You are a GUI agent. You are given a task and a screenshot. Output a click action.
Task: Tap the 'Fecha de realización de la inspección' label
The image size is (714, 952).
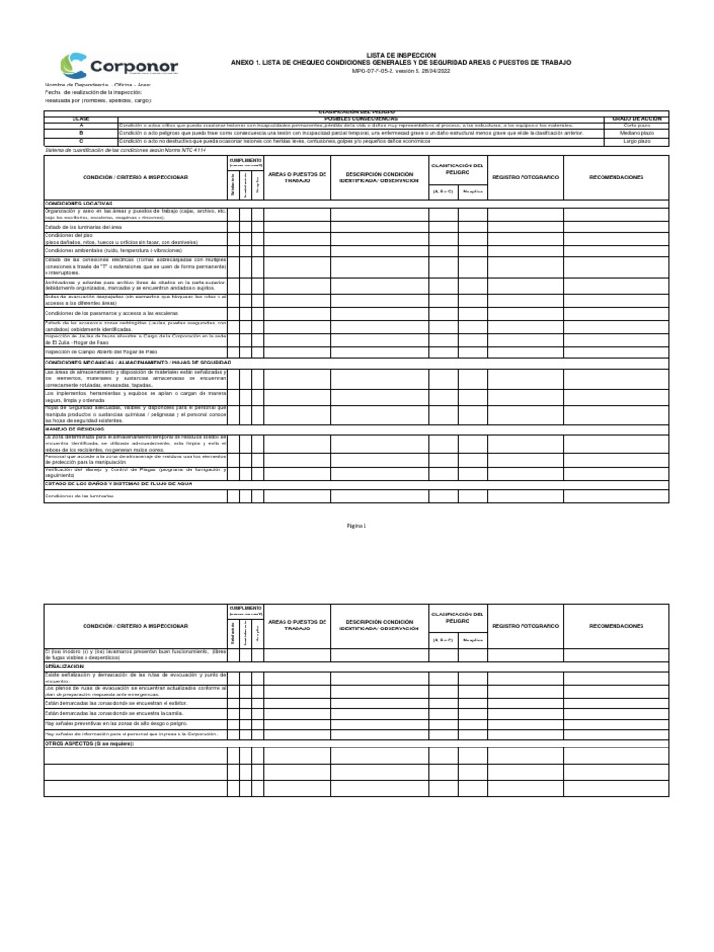tap(94, 91)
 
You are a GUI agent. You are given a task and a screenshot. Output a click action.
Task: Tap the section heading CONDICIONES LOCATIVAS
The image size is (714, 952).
tap(78, 203)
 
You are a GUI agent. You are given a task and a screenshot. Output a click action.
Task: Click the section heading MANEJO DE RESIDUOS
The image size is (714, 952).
tap(73, 430)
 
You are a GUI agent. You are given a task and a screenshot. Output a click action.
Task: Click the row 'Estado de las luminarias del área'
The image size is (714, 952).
tap(84, 227)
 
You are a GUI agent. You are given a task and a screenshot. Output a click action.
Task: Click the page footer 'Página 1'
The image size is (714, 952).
tap(357, 526)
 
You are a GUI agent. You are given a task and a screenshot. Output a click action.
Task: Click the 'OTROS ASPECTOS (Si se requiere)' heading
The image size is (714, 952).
tap(89, 743)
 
